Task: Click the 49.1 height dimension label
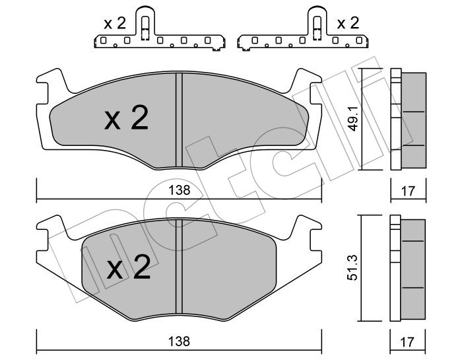click(x=353, y=119)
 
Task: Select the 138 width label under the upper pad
click(x=179, y=190)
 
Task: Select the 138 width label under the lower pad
click(x=179, y=342)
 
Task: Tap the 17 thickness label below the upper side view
click(x=408, y=191)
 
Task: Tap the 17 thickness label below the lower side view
click(x=407, y=342)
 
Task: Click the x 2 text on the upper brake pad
click(x=126, y=118)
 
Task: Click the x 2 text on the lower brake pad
click(x=129, y=268)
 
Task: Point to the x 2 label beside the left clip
click(x=115, y=23)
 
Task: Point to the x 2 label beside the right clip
click(x=348, y=23)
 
